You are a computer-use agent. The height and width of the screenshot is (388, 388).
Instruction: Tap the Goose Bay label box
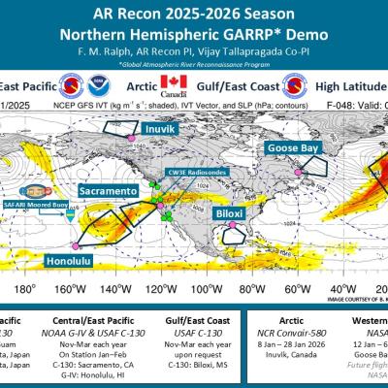[289, 146]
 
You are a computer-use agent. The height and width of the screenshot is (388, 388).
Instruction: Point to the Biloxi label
[229, 210]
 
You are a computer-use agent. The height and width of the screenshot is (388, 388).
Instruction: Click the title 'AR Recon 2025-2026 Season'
[193, 14]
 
